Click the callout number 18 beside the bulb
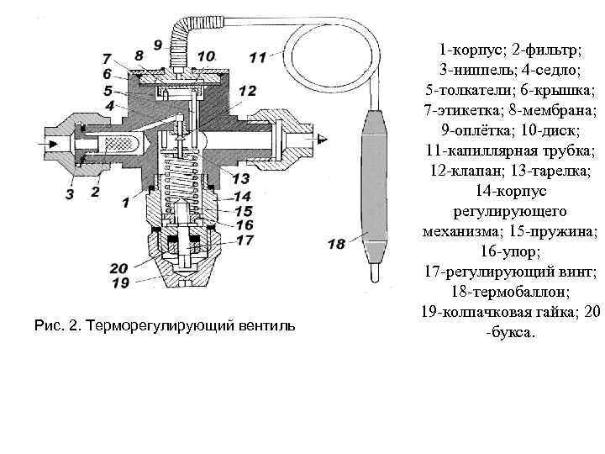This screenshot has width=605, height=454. pyautogui.click(x=336, y=245)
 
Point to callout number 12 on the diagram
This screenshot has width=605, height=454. pyautogui.click(x=246, y=91)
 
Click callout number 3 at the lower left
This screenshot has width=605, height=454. pyautogui.click(x=70, y=194)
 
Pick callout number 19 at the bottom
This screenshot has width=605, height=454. pyautogui.click(x=119, y=283)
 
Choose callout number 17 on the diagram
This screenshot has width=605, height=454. pyautogui.click(x=245, y=240)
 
